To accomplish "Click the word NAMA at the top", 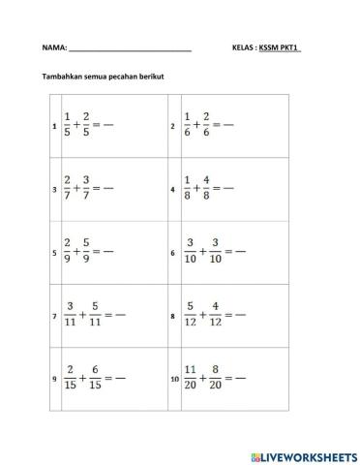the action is pyautogui.click(x=53, y=47).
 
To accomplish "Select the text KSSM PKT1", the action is pyautogui.click(x=281, y=47).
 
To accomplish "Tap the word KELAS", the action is pyautogui.click(x=244, y=47).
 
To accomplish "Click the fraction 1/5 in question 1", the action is pyautogui.click(x=68, y=126).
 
